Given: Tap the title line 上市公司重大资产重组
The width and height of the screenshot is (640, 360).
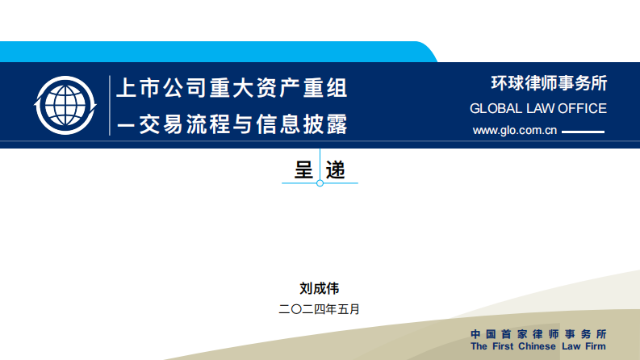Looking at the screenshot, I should coord(232,87).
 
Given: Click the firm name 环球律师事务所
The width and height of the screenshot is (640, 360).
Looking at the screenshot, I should coord(549,83).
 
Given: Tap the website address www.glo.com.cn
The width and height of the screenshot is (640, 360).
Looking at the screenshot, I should coord(515,131).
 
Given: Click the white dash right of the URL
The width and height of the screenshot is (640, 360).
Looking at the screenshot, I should coord(582,132).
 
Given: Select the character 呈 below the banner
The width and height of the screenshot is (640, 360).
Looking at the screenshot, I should coord(304,170).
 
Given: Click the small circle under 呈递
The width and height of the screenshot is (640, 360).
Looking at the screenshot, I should coord(320,184).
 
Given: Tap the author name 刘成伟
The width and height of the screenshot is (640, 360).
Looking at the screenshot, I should coord(320,287).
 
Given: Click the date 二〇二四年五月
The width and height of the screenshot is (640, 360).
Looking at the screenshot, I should coord(319,308).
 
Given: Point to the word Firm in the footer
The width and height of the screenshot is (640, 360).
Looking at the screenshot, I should coord(593,346).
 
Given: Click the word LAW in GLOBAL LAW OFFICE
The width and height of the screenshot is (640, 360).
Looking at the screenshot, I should coord(540,108).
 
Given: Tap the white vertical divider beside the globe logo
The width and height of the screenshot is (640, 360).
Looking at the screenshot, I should coord(109,105).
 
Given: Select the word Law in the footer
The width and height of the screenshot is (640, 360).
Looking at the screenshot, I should coord(570,346).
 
